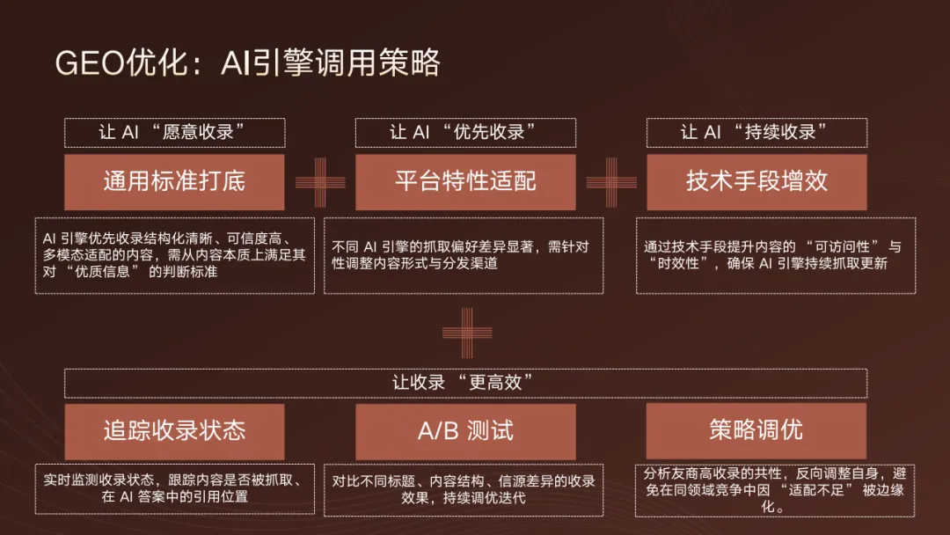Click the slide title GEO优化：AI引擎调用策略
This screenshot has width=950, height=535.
coord(247,64)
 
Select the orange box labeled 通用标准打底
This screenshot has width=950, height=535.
coord(174,182)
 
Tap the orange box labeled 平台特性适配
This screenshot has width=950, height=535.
coord(465,182)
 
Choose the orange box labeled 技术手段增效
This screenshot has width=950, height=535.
coord(756,182)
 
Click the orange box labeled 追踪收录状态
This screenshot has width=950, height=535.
coord(174,431)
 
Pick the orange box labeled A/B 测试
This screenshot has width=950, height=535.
coord(465,431)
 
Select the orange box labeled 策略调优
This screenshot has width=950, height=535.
coord(756,431)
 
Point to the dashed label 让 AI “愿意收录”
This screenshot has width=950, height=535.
coord(174,133)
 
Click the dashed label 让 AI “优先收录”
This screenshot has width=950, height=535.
coord(465,133)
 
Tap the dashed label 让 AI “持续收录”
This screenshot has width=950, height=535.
coord(756,133)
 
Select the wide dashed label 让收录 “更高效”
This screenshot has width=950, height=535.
coord(465,383)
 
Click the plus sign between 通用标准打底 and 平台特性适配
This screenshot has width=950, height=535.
coord(320,182)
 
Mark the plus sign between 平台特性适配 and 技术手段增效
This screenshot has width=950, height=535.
coord(611,182)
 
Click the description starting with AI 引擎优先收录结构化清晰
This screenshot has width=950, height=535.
coord(174,255)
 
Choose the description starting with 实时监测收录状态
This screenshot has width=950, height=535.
coord(174,489)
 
